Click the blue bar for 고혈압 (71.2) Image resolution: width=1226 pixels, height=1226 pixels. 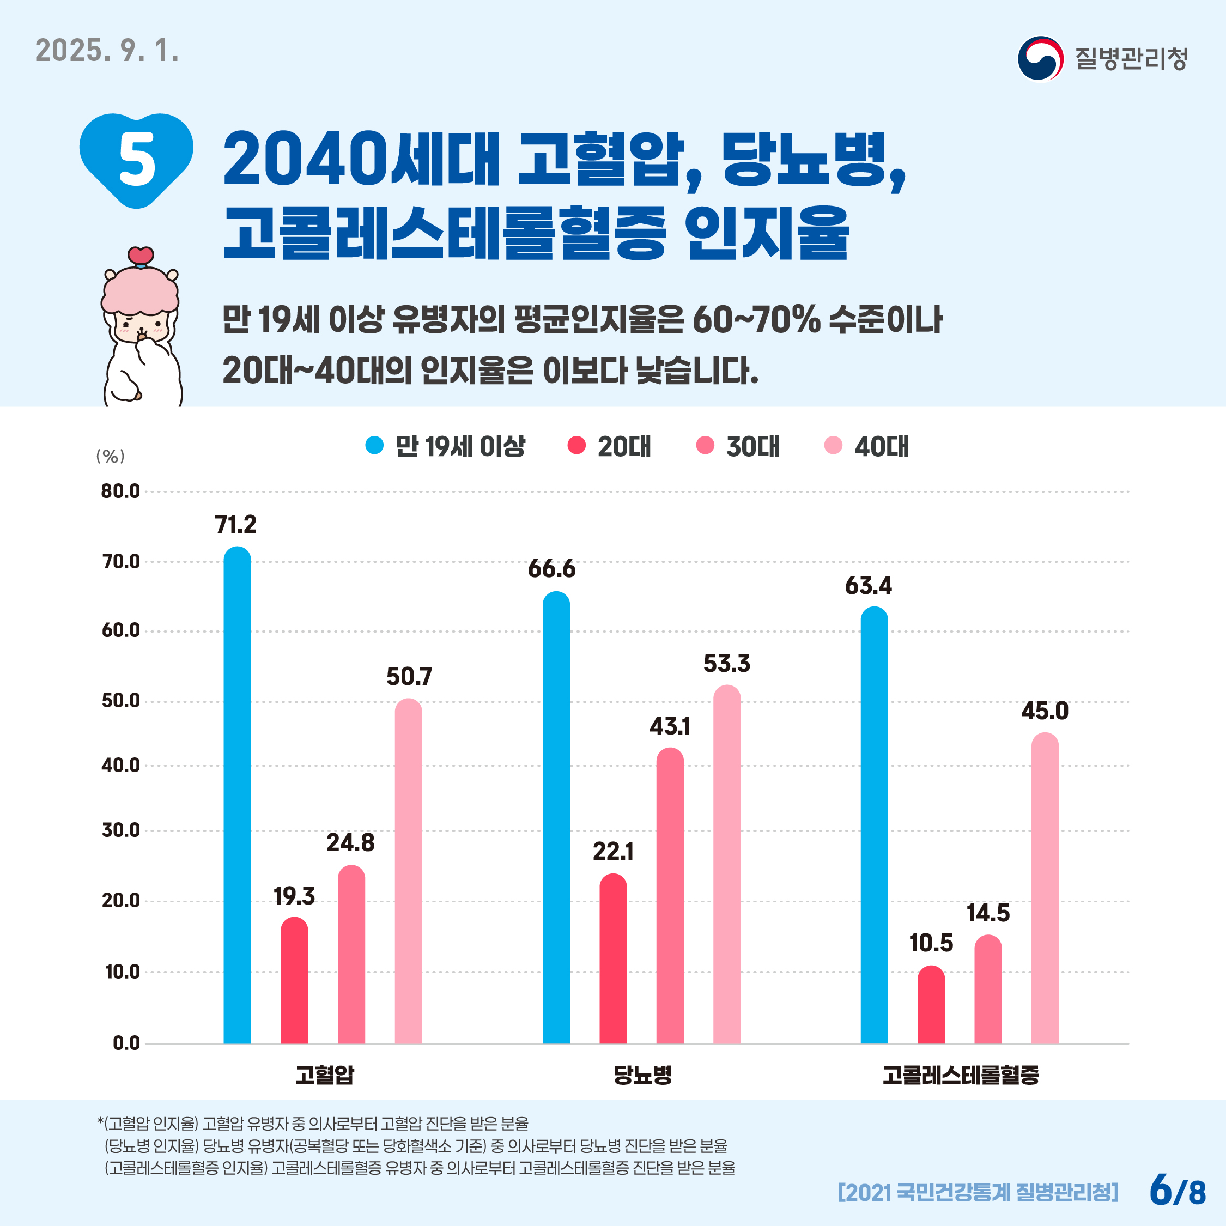pos(238,793)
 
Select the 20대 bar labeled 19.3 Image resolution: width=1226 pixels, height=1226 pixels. pos(294,980)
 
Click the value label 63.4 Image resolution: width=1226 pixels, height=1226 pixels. pos(868,585)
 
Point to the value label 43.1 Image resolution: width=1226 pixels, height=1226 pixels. pos(670,726)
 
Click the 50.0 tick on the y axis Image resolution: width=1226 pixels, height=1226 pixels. pos(120,701)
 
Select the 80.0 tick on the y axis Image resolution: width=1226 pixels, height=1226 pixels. pos(120,491)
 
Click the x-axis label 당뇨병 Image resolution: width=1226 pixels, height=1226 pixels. pos(642,1075)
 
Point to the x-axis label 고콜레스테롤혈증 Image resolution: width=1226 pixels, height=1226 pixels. pos(960,1075)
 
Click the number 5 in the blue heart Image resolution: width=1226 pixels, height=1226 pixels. pos(137,159)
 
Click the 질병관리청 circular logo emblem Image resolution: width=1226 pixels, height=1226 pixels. pos(1040,59)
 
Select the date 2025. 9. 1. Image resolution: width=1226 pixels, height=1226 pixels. pos(107,51)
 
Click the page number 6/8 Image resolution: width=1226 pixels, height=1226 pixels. pos(1177,1191)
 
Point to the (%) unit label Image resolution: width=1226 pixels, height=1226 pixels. pos(111,456)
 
